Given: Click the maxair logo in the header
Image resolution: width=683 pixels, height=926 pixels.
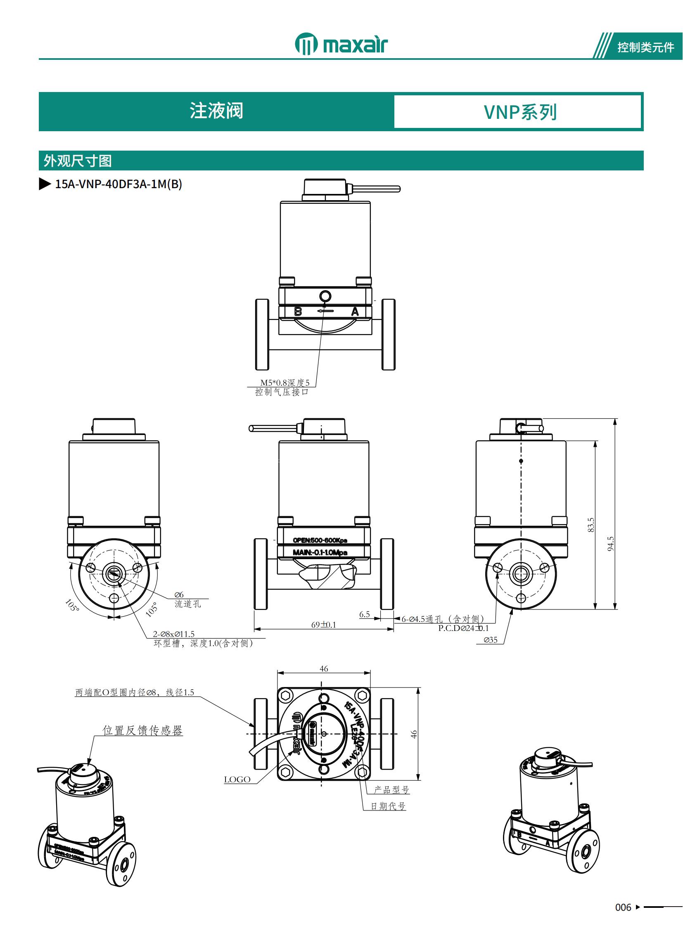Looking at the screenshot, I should tap(341, 44).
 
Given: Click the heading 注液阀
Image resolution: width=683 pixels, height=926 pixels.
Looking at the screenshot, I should tap(216, 111).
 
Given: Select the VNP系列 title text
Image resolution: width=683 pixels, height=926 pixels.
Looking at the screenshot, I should tap(520, 112).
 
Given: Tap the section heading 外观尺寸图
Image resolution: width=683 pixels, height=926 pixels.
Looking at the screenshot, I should tap(78, 161).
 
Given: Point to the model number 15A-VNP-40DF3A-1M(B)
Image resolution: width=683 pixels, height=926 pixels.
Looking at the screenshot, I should tap(118, 184).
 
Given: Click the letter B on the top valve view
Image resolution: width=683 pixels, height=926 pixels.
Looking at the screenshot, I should tap(298, 312).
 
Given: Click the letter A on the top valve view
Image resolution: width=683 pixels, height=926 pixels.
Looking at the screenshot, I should tap(355, 312).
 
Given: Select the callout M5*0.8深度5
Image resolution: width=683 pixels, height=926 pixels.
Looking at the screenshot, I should tap(285, 383).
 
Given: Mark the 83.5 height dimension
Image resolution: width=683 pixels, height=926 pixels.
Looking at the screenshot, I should tap(591, 525).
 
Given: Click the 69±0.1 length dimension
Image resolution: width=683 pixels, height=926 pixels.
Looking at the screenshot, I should tap(323, 625).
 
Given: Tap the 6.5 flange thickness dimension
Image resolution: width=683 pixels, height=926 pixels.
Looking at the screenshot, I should tap(364, 614).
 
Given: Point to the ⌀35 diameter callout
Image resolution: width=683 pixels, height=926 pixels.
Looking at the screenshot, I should tap(491, 640).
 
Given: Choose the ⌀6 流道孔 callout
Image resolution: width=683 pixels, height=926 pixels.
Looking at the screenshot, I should tap(187, 600).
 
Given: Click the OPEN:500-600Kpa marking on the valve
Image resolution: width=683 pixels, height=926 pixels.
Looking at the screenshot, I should tap(320, 540).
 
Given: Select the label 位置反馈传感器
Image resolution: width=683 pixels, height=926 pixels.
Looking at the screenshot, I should tap(142, 730).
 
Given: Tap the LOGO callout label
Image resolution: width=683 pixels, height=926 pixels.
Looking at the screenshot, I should tap(237, 780).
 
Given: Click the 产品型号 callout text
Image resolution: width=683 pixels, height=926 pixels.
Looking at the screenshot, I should tap(391, 790).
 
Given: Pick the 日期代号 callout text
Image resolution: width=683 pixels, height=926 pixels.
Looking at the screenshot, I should tap(388, 806).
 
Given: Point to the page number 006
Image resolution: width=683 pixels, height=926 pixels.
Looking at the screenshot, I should tap(623, 907).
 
